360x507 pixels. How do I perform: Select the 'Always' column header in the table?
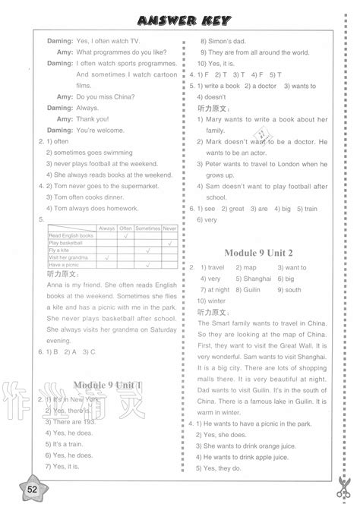click(x=107, y=228)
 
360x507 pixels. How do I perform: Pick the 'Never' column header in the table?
click(x=170, y=228)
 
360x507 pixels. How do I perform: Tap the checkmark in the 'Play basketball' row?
click(x=170, y=243)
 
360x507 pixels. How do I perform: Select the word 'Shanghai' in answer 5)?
click(x=255, y=279)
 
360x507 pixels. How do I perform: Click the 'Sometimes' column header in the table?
click(x=147, y=228)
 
